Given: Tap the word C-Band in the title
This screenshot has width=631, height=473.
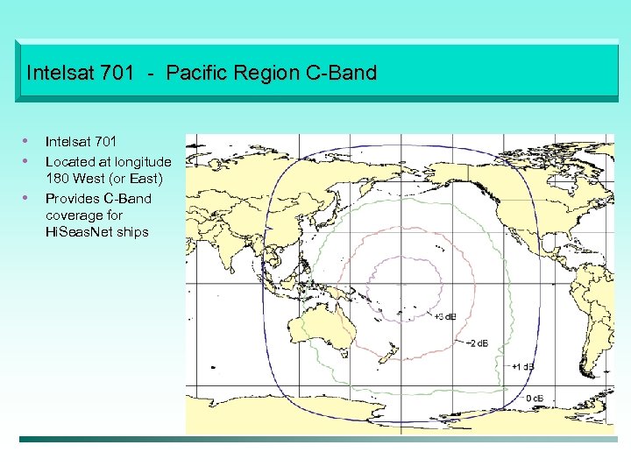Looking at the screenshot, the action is click(344, 73).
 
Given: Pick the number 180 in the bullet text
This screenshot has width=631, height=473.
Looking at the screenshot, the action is click(57, 179).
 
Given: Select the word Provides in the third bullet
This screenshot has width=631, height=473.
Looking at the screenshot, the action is click(72, 198).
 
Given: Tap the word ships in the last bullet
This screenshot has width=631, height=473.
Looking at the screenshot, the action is click(131, 232).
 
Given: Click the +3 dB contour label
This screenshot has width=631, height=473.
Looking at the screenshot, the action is click(444, 316).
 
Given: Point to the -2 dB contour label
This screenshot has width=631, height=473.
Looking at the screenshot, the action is click(479, 342).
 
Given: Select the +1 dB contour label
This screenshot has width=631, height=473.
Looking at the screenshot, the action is click(523, 366).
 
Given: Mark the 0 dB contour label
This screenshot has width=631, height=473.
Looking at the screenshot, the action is click(534, 399).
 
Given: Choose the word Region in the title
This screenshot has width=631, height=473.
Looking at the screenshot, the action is click(271, 73).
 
